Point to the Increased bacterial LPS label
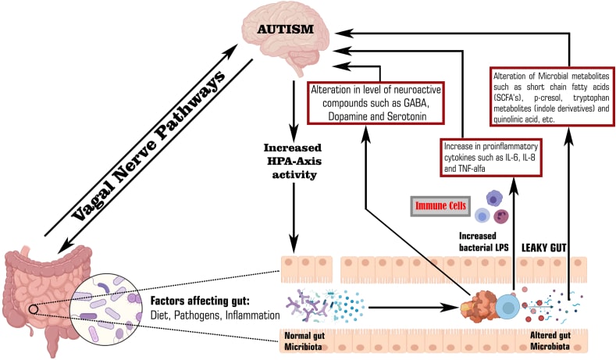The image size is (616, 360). tap(485, 240)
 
